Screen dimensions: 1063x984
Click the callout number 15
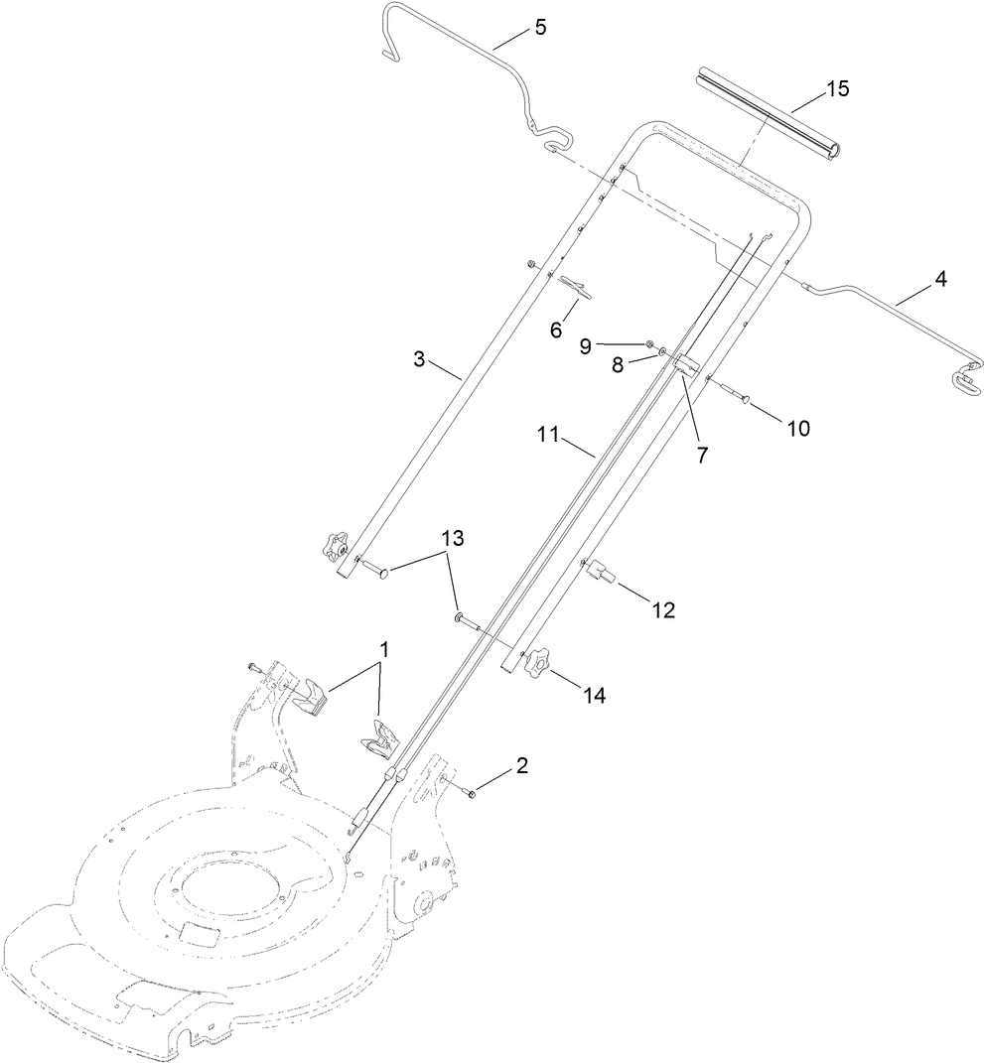tap(837, 88)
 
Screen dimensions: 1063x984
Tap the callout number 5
tap(540, 27)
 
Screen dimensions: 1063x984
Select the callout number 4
tap(938, 279)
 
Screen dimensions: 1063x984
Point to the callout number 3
tap(419, 359)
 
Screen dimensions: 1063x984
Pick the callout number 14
tap(595, 696)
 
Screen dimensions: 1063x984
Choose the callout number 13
tap(453, 539)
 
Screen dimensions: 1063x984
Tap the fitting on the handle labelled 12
tap(601, 571)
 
